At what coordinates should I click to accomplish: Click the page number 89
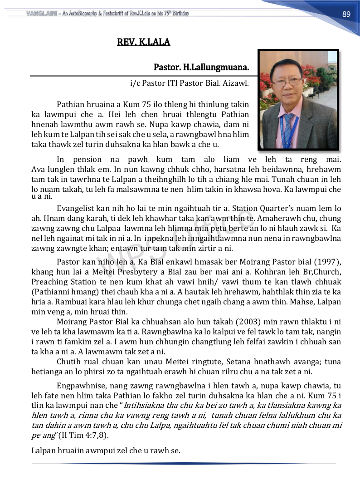click(346, 14)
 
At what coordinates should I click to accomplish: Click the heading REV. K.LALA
click(143, 43)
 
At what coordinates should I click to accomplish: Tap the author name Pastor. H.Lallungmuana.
click(201, 68)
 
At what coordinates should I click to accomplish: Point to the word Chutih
click(68, 362)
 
